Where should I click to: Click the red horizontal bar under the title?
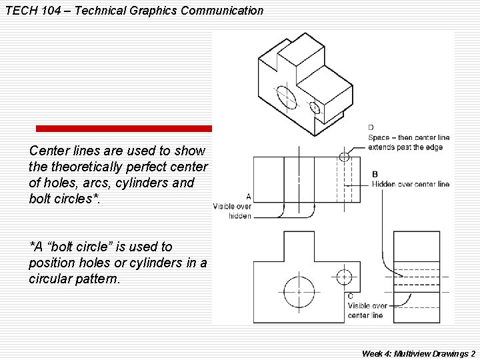[123, 128]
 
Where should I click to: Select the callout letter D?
[371, 127]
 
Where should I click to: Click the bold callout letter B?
[375, 174]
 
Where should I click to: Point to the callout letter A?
[248, 197]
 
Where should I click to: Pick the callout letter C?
[351, 296]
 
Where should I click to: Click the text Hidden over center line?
[411, 184]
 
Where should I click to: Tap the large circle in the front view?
[299, 292]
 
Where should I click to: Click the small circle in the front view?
[344, 277]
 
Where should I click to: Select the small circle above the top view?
[344, 157]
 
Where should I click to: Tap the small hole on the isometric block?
[315, 107]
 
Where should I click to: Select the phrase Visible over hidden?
[232, 211]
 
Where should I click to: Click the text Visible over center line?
[365, 310]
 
